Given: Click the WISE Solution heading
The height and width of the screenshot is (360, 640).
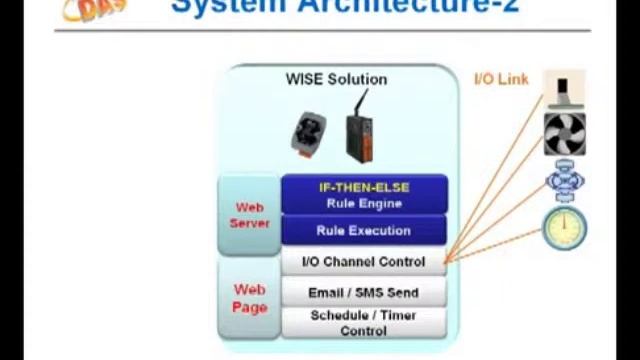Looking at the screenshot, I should [336, 79].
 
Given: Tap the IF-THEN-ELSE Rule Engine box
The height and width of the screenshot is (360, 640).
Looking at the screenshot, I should [363, 195].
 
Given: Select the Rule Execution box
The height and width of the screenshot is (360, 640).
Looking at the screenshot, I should [363, 230].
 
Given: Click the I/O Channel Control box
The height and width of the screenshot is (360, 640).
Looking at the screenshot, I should [363, 262].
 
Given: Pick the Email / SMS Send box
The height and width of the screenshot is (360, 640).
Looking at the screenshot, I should [363, 293].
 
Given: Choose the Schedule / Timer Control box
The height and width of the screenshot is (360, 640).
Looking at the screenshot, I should [363, 322].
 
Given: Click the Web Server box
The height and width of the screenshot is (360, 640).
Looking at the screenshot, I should [249, 215].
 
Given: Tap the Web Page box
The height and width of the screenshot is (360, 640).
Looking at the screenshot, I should [249, 298].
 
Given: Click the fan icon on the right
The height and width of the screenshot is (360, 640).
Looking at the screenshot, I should [564, 134].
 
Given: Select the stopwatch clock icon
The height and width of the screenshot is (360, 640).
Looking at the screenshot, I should [563, 228].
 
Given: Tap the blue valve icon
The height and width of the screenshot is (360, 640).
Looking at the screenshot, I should [564, 182].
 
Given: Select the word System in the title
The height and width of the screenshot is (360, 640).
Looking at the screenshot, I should [216, 8].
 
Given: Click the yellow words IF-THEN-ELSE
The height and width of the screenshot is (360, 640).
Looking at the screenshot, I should [363, 187].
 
